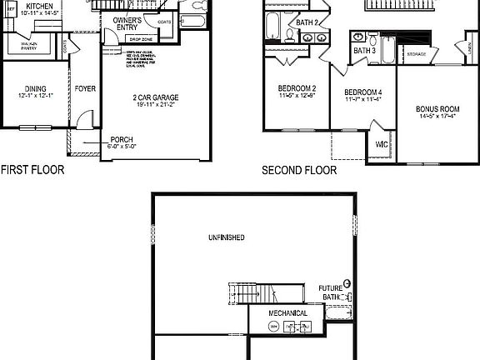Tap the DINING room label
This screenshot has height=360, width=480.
tap(35, 88)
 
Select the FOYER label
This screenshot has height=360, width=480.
tap(85, 88)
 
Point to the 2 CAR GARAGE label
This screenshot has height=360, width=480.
tap(156, 97)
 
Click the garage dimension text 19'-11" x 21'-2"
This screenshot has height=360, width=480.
tap(156, 106)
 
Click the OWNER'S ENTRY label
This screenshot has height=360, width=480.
tap(127, 22)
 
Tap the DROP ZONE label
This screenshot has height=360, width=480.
tap(140, 39)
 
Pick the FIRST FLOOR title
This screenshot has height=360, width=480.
tap(32, 170)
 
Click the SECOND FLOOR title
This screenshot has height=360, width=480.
tap(299, 170)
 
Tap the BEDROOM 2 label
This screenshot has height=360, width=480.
tap(297, 89)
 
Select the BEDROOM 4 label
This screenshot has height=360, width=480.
tap(363, 92)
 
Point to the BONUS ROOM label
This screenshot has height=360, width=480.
tap(437, 109)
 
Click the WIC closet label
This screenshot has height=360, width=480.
tap(382, 144)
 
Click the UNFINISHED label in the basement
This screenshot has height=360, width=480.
tap(226, 237)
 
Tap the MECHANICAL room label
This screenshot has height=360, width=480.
tap(287, 313)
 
